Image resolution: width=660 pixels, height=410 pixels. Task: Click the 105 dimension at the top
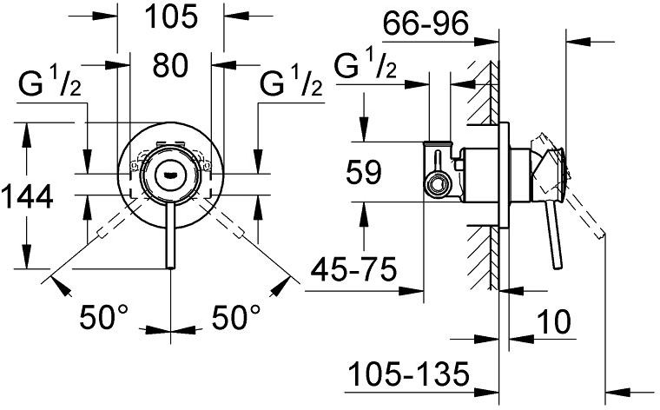pyautogui.click(x=170, y=16)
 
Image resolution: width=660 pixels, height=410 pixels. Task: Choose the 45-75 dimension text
pyautogui.click(x=356, y=269)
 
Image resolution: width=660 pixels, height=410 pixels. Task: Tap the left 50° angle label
pyautogui.click(x=106, y=318)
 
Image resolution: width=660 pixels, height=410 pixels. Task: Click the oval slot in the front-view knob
pyautogui.click(x=169, y=171)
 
